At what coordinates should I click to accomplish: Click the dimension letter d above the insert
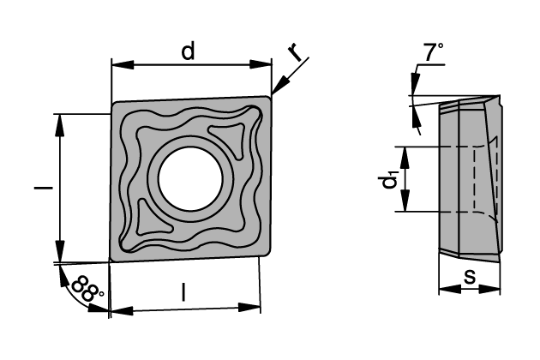(188, 51)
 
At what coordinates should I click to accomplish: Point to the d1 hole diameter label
(390, 180)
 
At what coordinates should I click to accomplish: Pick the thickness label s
(469, 276)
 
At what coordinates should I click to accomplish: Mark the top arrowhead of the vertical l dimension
(59, 118)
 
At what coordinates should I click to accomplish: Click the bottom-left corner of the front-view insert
(111, 260)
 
